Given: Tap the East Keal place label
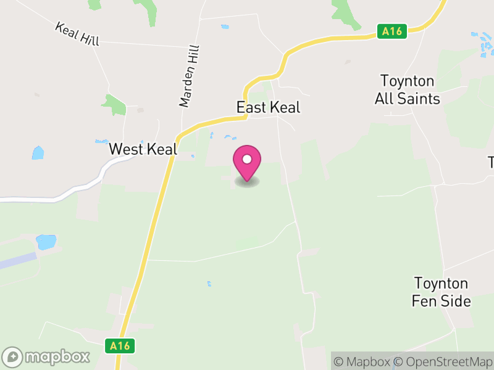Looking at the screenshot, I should [268, 107].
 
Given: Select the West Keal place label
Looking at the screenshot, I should [143, 149].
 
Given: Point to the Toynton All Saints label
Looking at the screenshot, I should [408, 90].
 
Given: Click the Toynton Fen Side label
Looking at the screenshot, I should [442, 292].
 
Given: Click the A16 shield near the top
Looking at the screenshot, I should [393, 31].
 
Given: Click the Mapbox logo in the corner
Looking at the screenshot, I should [46, 356].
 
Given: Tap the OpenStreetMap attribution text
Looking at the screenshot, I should [444, 362].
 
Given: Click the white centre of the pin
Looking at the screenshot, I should [247, 159].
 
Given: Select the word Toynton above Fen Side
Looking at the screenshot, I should [441, 284].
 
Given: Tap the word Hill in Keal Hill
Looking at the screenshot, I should [88, 38].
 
